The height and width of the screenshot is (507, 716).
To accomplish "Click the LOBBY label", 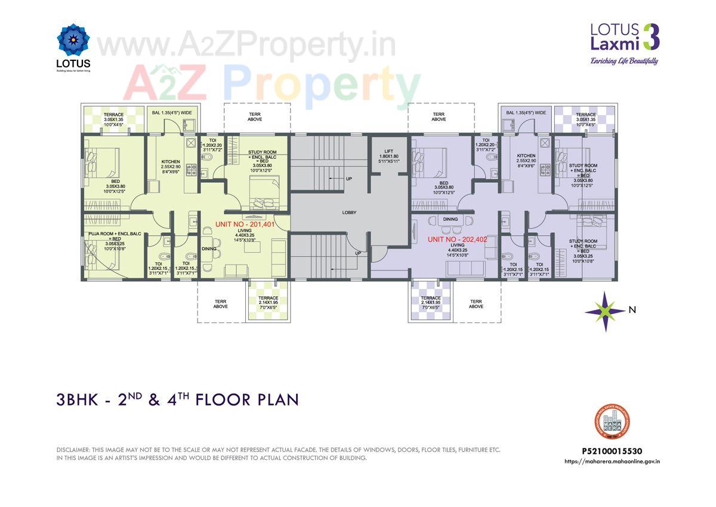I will coord(349,213).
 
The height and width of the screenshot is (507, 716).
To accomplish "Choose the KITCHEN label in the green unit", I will coord(170,162).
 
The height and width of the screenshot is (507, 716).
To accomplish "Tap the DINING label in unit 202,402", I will coord(450,219).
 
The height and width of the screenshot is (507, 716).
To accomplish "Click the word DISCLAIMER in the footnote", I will coord(73,450).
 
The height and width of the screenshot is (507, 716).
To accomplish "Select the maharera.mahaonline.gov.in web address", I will coord(615,461).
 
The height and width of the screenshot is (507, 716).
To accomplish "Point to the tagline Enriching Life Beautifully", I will coord(624,61).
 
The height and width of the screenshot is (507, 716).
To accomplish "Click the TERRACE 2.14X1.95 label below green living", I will coord(268,298).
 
